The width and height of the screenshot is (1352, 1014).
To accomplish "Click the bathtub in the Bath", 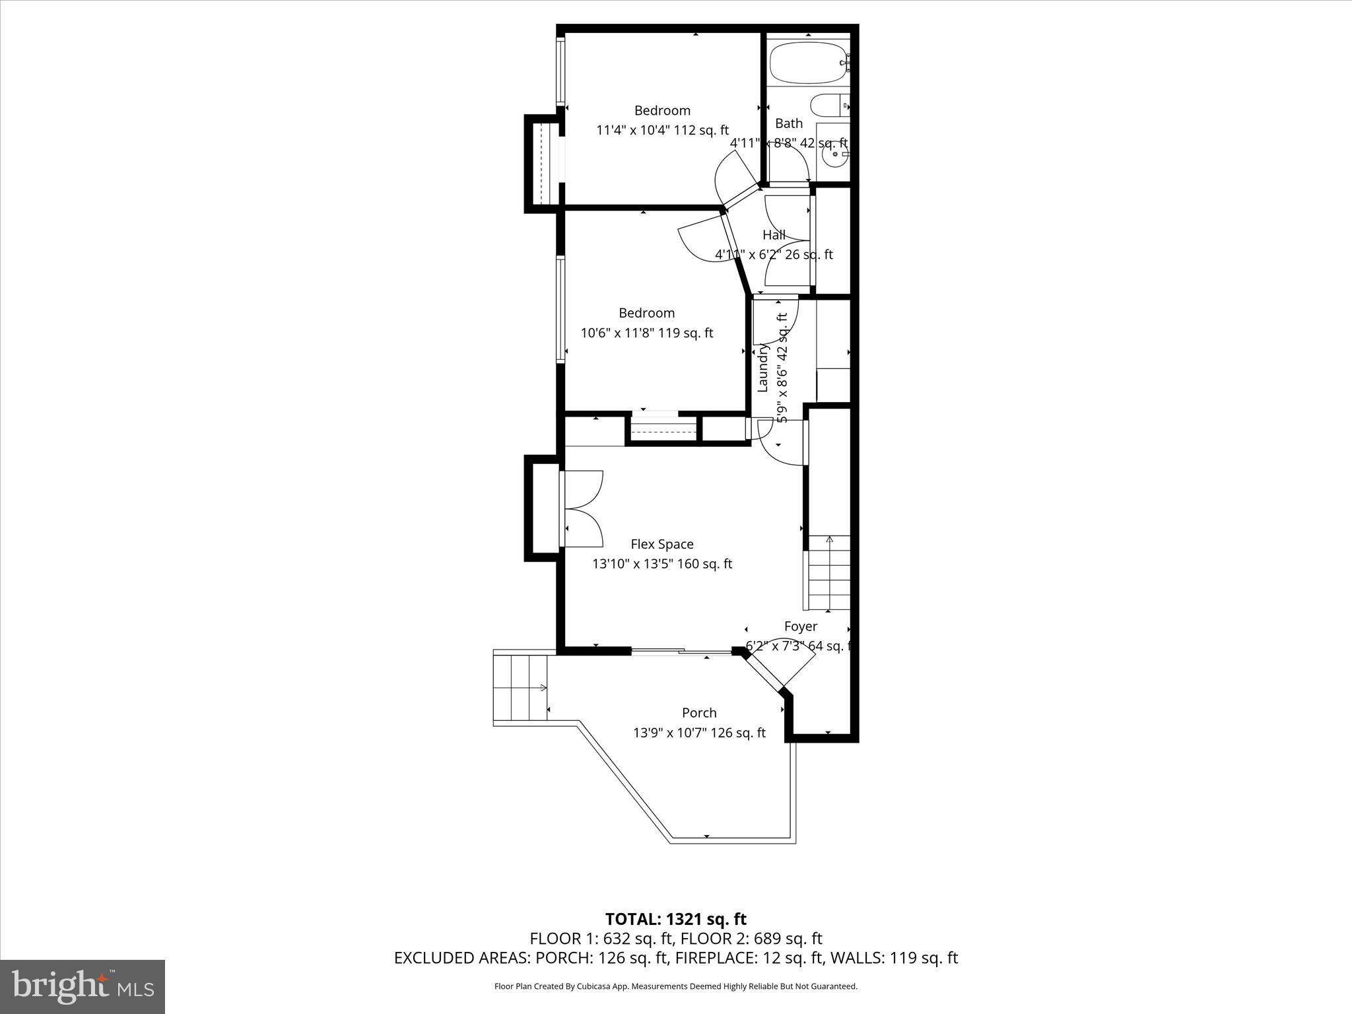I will [x=807, y=63].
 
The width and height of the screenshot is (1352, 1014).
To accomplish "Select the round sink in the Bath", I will [x=836, y=154].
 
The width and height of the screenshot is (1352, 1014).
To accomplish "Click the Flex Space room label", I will [x=662, y=544].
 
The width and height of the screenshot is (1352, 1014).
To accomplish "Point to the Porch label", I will [x=699, y=712].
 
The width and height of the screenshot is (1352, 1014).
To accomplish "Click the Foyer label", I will [x=800, y=626].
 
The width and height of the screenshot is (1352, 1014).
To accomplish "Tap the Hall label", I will [x=774, y=234].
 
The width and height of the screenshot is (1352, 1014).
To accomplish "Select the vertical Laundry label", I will [x=763, y=368].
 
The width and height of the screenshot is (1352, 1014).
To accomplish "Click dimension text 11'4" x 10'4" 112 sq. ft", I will [x=662, y=130].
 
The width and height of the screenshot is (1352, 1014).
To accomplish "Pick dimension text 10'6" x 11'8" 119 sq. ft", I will [x=646, y=333].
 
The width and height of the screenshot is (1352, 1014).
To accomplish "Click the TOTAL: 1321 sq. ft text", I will [x=675, y=919].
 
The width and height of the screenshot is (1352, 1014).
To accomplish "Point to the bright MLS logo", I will [x=83, y=986].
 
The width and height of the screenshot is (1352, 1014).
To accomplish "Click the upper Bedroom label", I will [x=662, y=110].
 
